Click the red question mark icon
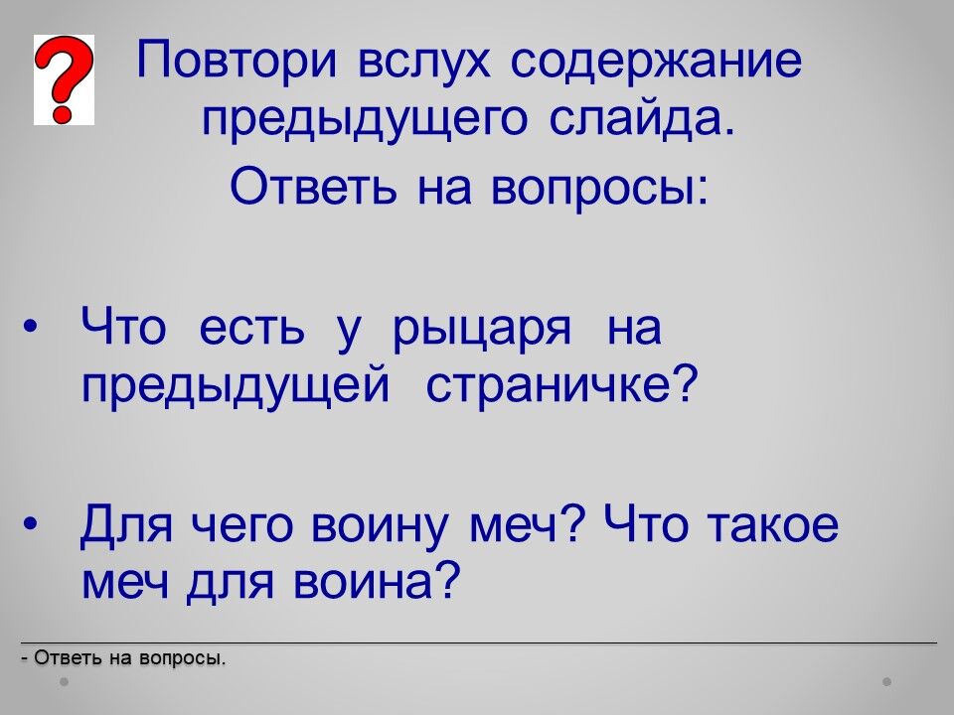point(64,79)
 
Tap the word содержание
point(656,63)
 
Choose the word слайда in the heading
point(642,118)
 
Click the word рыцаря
point(482,331)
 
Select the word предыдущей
point(236,386)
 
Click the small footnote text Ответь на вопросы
point(123,657)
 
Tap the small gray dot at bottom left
point(64,681)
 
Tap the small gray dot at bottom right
point(887,681)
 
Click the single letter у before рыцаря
point(349,334)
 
